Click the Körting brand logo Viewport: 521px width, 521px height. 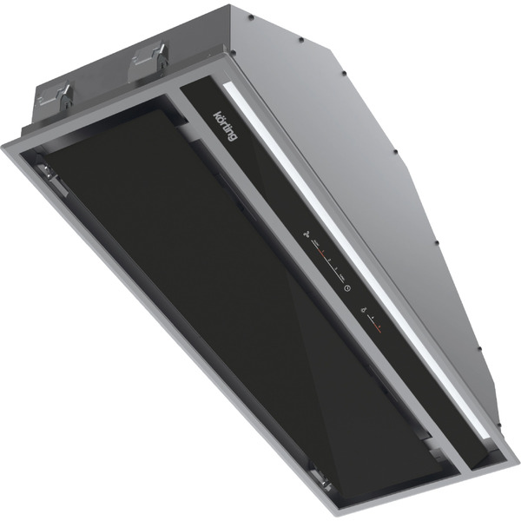point(225,126)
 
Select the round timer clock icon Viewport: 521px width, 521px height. point(347,288)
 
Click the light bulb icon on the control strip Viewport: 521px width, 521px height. point(364,310)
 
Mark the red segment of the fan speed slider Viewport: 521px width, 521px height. point(320,251)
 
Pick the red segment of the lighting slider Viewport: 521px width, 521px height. point(377,326)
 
